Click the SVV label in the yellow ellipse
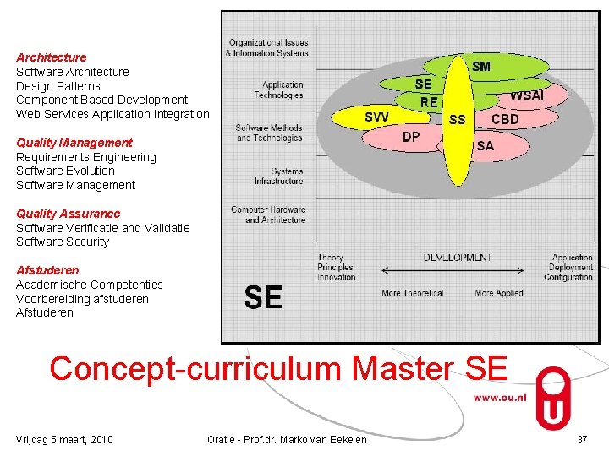(x=376, y=117)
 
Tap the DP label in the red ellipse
(x=411, y=136)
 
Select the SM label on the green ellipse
(x=480, y=67)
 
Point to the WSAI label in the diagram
(x=526, y=96)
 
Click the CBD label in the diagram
(x=505, y=119)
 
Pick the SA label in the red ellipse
(x=486, y=146)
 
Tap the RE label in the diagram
(x=429, y=102)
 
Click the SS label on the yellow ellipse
(x=457, y=120)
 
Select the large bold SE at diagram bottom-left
(x=263, y=297)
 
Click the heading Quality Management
(x=74, y=143)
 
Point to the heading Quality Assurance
(x=69, y=214)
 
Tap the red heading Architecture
(x=52, y=57)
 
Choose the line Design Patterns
(x=58, y=86)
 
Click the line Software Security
(x=63, y=242)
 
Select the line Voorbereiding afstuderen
(x=82, y=299)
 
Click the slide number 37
(x=581, y=439)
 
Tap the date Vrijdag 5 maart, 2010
(x=65, y=439)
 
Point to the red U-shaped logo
(x=553, y=397)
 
